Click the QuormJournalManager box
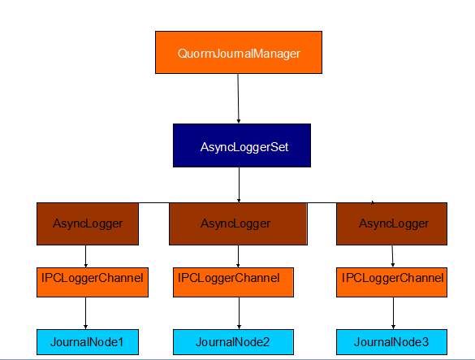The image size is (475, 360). [x=239, y=52]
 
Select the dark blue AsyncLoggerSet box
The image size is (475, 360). [x=242, y=145]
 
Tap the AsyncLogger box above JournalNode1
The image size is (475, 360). [x=88, y=223]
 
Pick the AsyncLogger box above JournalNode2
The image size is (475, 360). [x=238, y=223]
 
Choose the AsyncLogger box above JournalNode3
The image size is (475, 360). [x=391, y=223]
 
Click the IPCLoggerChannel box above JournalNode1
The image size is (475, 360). [x=93, y=282]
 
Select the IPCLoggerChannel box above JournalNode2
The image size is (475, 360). [x=233, y=282]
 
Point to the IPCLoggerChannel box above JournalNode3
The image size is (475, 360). [x=391, y=282]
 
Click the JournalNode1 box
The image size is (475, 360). [x=88, y=342]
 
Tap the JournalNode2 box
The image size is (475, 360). [x=233, y=342]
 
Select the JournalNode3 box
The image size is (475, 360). [x=391, y=342]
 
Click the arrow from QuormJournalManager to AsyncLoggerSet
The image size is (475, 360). [x=238, y=98]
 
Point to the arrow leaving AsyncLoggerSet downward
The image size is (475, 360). [x=239, y=184]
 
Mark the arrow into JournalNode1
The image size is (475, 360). [x=85, y=313]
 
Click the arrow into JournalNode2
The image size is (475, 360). [x=239, y=313]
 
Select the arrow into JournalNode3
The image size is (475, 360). [x=393, y=313]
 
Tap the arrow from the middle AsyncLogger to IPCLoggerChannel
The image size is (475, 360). [x=238, y=256]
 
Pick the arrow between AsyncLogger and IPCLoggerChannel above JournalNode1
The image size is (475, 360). [x=85, y=256]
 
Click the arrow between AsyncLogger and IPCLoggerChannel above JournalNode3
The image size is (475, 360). [x=393, y=256]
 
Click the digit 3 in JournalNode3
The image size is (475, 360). [x=425, y=342]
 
